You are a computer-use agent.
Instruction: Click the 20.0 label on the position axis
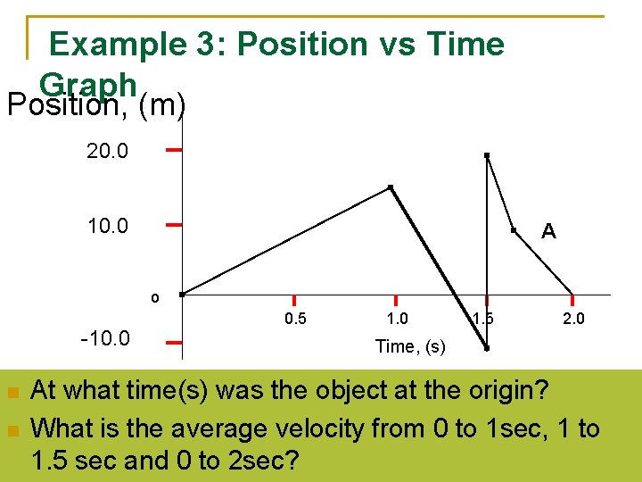(x=107, y=152)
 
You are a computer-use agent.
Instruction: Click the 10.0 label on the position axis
(x=107, y=226)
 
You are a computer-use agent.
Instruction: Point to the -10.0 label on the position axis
(x=105, y=339)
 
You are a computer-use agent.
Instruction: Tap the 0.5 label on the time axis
(x=294, y=320)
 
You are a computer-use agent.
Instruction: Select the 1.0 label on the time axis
(x=397, y=320)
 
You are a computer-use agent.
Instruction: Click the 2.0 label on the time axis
(x=574, y=320)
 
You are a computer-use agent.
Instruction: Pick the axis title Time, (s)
(x=410, y=346)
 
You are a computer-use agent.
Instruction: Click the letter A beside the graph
(x=548, y=232)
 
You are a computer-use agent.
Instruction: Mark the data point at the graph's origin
(x=181, y=294)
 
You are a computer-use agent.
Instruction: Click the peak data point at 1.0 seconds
(x=391, y=187)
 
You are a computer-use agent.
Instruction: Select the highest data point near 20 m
(x=486, y=156)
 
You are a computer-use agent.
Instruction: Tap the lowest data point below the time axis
(x=487, y=348)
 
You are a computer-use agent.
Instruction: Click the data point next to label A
(x=514, y=230)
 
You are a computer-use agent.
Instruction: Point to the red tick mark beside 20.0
(x=175, y=150)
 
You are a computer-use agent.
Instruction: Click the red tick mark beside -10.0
(x=175, y=341)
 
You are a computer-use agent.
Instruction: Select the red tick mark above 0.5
(x=294, y=302)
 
